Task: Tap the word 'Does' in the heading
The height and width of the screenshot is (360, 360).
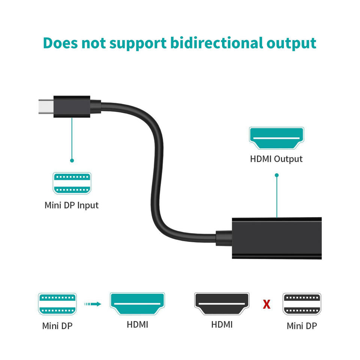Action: [x=60, y=43]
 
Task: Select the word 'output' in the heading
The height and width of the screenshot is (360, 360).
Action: [x=291, y=44]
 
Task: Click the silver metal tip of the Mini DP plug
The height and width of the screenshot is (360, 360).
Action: [x=46, y=106]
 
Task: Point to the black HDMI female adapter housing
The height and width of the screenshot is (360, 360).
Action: [x=277, y=238]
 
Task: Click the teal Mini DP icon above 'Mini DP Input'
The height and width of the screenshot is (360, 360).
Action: [x=72, y=183]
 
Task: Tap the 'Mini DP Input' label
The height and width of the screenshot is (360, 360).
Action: [x=72, y=205]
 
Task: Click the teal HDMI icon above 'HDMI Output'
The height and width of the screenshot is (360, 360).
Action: [x=277, y=138]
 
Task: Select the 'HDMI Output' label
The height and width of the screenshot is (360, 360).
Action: [x=276, y=159]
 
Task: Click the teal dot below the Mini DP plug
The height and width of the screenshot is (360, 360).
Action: [x=72, y=160]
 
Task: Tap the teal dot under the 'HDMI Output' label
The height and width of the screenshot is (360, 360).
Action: [x=277, y=175]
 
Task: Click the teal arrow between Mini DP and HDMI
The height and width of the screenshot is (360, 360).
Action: [x=93, y=304]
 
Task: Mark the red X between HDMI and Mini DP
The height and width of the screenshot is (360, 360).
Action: [x=267, y=304]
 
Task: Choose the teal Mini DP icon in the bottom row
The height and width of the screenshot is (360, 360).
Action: [x=57, y=304]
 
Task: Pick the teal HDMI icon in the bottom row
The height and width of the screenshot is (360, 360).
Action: [x=137, y=304]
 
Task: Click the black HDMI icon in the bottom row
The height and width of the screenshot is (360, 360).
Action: [x=222, y=304]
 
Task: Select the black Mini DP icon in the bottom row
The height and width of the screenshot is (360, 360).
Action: [x=302, y=304]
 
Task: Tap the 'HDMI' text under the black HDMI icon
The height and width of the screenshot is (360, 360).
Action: [x=222, y=325]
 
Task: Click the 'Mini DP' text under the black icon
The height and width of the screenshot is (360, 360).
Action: [x=301, y=326]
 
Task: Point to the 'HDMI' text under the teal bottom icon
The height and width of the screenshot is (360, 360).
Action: [x=137, y=325]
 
